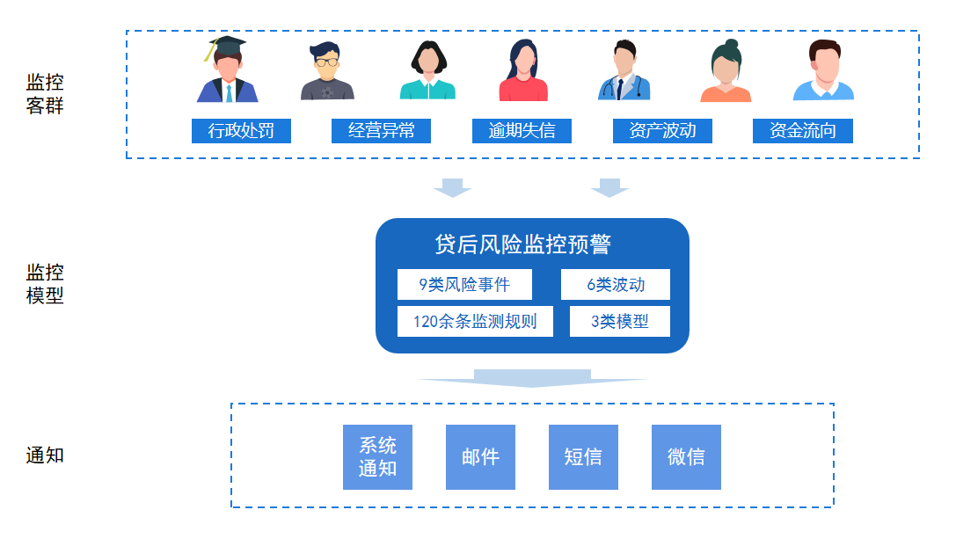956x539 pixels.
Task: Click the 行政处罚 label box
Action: click(241, 131)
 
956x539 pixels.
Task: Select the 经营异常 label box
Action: click(381, 131)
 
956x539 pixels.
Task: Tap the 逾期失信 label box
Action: click(522, 131)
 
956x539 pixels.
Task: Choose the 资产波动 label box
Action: click(662, 131)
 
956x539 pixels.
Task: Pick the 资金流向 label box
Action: click(802, 131)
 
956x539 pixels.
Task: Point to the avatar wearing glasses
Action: click(327, 72)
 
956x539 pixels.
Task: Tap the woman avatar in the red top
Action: click(523, 72)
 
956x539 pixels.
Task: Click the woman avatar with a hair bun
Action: click(726, 73)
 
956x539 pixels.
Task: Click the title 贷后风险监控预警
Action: click(522, 244)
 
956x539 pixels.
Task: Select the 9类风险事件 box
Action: click(463, 285)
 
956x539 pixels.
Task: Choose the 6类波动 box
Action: click(616, 285)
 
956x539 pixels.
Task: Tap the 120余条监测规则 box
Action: click(475, 321)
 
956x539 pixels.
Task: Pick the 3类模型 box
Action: click(619, 321)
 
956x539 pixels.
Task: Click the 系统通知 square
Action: click(377, 457)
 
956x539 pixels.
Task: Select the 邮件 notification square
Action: click(480, 457)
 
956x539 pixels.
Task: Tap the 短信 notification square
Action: click(583, 457)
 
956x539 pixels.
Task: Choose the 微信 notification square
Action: click(686, 457)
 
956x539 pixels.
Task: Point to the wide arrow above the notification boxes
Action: click(532, 378)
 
